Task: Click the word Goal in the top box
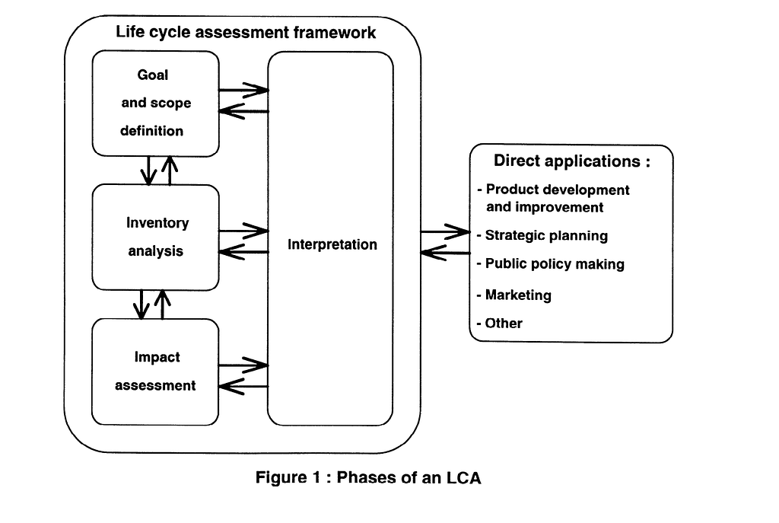pos(152,75)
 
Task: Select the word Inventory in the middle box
pos(157,223)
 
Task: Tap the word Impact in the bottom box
pos(157,357)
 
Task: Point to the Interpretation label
pos(332,244)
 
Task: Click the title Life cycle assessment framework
pos(246,32)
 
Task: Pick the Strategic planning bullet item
pos(542,236)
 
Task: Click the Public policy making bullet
pos(551,264)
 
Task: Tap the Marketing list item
pos(514,295)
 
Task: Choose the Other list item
pos(499,323)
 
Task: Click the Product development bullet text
pos(553,199)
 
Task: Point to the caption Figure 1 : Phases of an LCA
pos(368,478)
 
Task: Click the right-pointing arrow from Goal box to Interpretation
pos(243,90)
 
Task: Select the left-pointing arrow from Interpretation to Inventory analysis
pos(243,252)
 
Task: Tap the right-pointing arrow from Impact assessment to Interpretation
pos(243,365)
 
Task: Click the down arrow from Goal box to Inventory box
pos(148,171)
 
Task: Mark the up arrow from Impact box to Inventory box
pos(163,305)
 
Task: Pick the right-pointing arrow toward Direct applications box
pos(445,231)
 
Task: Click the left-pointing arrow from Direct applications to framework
pos(445,253)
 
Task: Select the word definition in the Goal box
pos(151,131)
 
